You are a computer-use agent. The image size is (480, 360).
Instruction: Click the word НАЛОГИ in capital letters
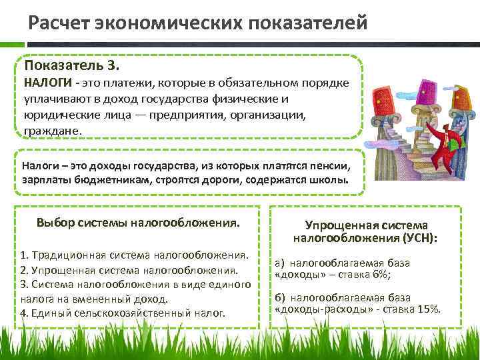[x=48, y=83]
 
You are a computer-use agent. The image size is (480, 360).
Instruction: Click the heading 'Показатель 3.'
[x=72, y=66]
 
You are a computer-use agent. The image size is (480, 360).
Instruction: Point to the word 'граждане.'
[x=53, y=131]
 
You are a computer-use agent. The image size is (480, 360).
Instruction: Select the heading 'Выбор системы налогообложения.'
[x=139, y=222]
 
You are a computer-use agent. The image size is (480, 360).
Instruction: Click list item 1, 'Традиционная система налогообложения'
[x=134, y=255]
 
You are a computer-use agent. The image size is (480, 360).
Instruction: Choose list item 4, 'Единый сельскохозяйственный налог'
[x=123, y=312]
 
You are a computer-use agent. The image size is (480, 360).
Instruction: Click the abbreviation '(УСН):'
[x=418, y=238]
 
